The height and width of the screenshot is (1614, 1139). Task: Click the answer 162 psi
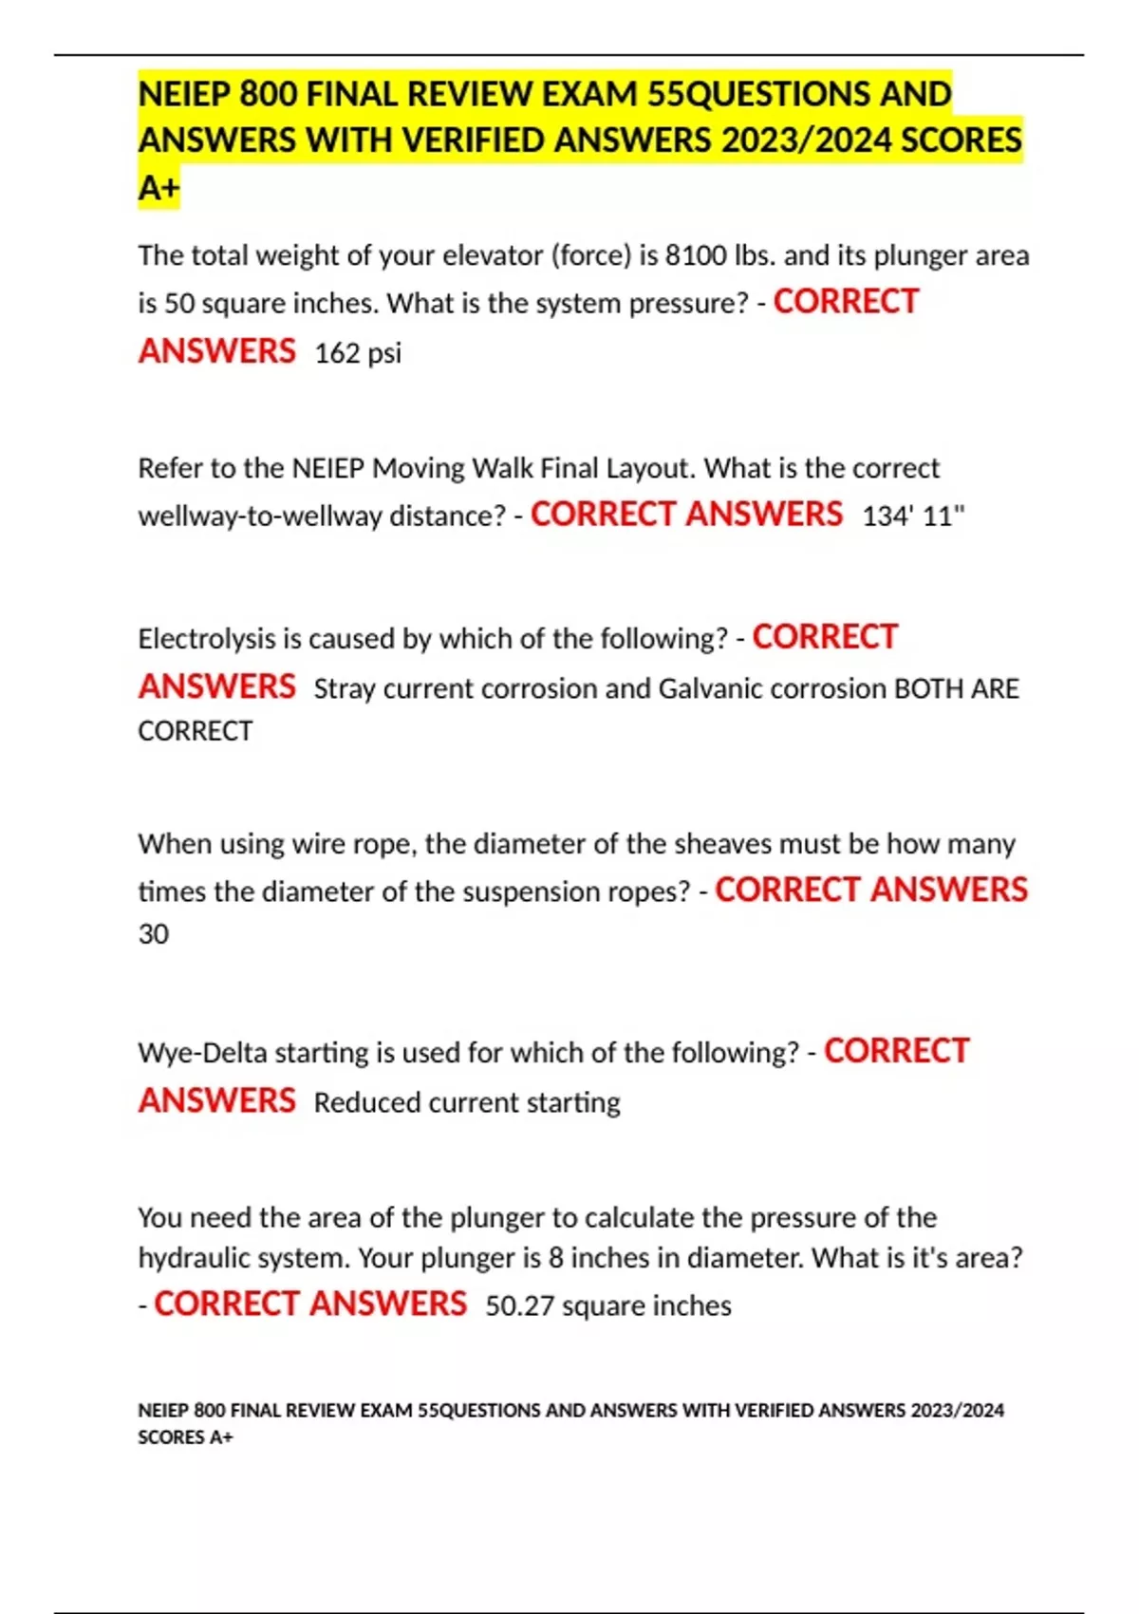(358, 353)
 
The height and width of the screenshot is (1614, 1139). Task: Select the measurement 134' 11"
(913, 516)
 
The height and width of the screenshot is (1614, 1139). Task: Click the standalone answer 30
(154, 934)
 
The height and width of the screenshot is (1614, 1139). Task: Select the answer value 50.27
(519, 1306)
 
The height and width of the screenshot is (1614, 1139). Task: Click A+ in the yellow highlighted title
(159, 188)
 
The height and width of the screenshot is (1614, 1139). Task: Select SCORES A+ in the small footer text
(185, 1437)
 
